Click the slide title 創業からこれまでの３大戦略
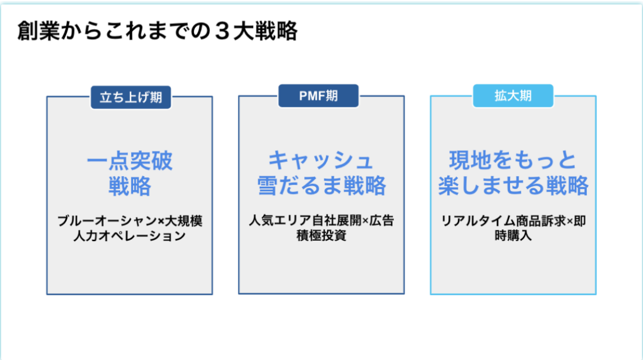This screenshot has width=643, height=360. point(157,32)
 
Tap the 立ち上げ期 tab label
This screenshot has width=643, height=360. point(131,97)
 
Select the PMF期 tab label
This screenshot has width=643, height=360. point(318,95)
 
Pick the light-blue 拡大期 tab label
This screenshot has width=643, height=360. point(513,95)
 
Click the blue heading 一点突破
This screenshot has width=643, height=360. point(130,161)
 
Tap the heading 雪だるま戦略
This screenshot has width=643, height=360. point(321,186)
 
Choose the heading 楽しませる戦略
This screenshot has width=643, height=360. point(513,186)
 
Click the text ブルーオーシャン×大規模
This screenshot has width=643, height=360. point(130,221)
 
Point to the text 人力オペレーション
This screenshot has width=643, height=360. point(130,236)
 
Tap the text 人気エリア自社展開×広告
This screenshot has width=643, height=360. point(321,220)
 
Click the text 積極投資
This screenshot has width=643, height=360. point(321,236)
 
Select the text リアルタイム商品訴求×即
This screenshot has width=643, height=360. point(513,220)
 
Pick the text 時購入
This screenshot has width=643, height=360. point(513,236)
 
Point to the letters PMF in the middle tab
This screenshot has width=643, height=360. point(311,95)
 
